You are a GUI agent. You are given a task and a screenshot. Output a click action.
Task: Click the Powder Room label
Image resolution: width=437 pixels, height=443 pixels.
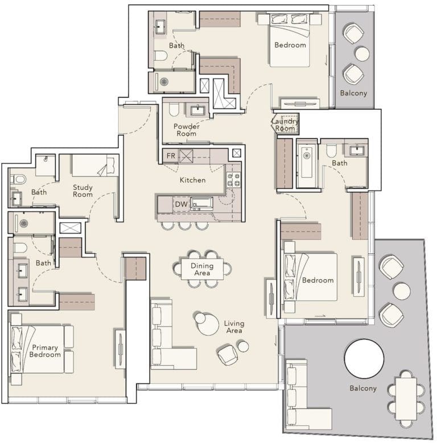186,130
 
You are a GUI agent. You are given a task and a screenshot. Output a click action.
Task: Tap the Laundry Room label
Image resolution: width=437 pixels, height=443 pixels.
284,125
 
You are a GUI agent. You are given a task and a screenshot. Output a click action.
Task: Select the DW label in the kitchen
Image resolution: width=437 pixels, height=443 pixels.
181,204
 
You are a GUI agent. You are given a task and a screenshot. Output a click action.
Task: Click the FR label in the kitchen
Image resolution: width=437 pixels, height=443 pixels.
170,155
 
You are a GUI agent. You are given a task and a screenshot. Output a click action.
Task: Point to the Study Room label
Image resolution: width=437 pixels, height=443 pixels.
83,191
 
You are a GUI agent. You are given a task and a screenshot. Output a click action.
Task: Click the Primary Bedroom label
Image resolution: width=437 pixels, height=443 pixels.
46,351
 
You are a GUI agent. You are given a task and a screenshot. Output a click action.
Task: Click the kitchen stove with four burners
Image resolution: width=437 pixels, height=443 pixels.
234,180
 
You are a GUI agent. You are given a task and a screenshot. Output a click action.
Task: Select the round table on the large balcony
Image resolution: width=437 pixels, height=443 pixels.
364,358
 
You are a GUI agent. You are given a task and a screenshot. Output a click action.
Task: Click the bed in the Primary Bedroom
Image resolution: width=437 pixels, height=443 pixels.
43,349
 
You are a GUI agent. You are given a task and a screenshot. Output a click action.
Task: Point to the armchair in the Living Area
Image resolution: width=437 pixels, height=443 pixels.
228,355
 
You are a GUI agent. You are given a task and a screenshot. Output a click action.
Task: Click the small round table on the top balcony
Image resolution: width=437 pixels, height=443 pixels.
362,53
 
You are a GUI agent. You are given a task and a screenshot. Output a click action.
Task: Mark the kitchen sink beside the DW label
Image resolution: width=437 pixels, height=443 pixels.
201,203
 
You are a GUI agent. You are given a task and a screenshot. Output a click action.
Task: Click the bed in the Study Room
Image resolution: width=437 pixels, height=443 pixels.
94,165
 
